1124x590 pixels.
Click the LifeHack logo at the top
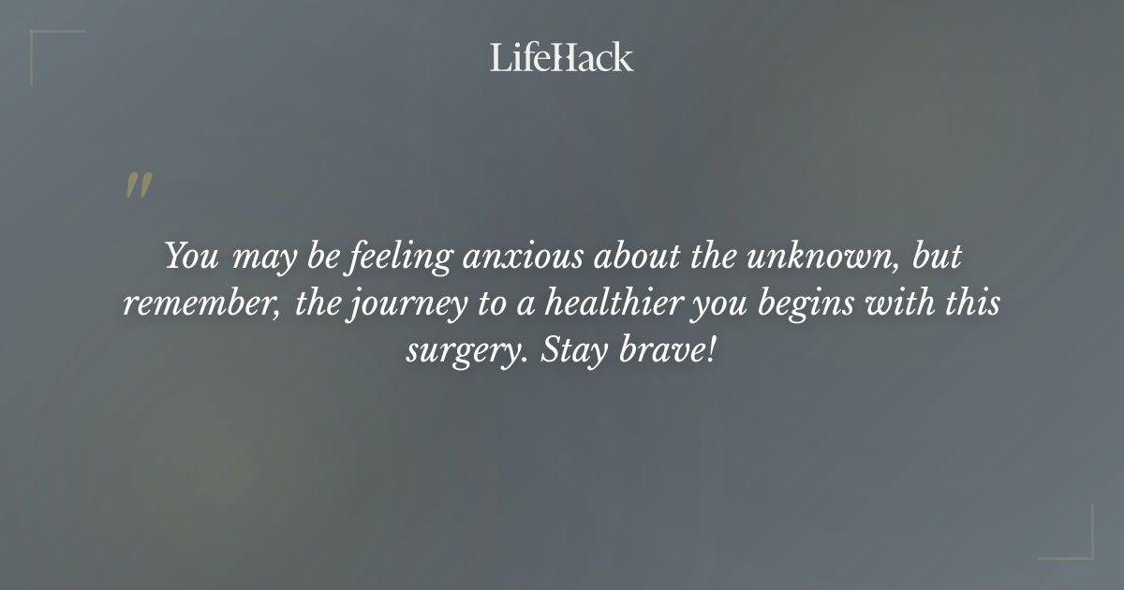pos(562,57)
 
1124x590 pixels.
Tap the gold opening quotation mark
pos(138,185)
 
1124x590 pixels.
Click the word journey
pos(394,306)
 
